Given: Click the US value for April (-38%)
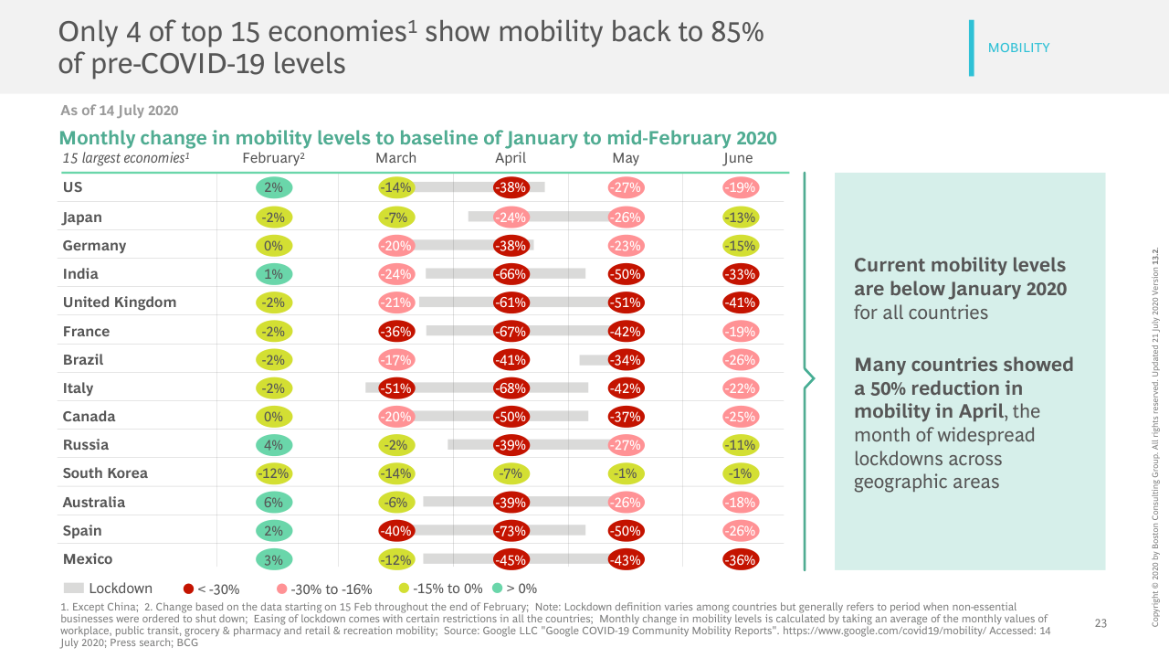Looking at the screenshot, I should (511, 188).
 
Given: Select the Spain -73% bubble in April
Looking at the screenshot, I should (511, 531).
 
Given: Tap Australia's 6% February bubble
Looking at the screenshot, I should (274, 502).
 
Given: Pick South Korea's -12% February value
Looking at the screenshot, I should (274, 473).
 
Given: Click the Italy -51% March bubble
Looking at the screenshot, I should (396, 388).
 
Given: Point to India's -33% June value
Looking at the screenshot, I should (740, 274).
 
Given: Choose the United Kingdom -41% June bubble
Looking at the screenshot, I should (740, 302).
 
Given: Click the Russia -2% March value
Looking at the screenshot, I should (396, 445).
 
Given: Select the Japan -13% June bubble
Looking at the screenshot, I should (740, 218).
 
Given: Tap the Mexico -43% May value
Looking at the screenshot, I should (626, 559).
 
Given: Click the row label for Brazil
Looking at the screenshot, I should (83, 360).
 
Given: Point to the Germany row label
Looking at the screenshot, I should (94, 246).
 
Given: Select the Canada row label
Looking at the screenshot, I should (89, 417).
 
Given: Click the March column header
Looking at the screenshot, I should (396, 158).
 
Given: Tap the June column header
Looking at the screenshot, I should (738, 158).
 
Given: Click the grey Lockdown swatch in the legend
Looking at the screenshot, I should (74, 589).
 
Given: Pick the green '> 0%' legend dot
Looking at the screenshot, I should (497, 589).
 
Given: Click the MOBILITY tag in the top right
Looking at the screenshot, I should (1018, 48).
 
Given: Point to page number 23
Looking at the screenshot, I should (1101, 623).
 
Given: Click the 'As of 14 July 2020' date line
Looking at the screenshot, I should (119, 111).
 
